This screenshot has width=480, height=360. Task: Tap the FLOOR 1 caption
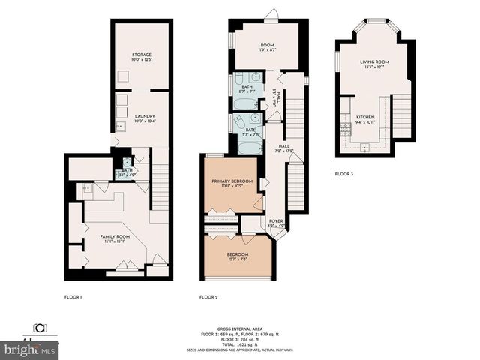72,297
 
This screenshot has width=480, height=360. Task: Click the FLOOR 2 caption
208,297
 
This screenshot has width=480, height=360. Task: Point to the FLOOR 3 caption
343,174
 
